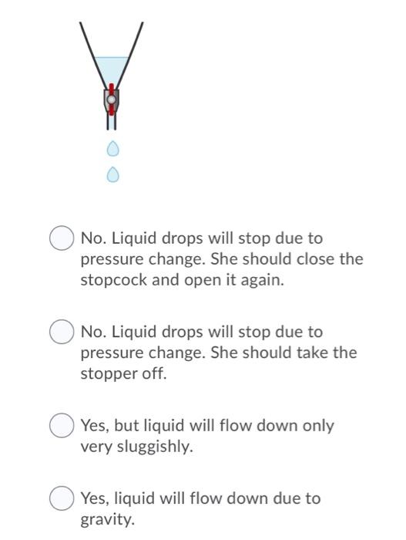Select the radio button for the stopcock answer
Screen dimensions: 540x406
coord(62,238)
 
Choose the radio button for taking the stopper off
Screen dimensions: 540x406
coord(62,332)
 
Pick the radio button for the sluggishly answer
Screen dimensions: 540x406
coord(62,425)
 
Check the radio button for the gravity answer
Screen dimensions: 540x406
coord(62,498)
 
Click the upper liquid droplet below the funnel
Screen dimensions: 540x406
coord(112,147)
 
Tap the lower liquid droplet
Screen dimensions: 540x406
coord(112,175)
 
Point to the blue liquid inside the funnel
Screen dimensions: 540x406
coord(112,68)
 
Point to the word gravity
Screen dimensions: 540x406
coord(106,520)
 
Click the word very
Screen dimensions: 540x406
coord(96,447)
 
